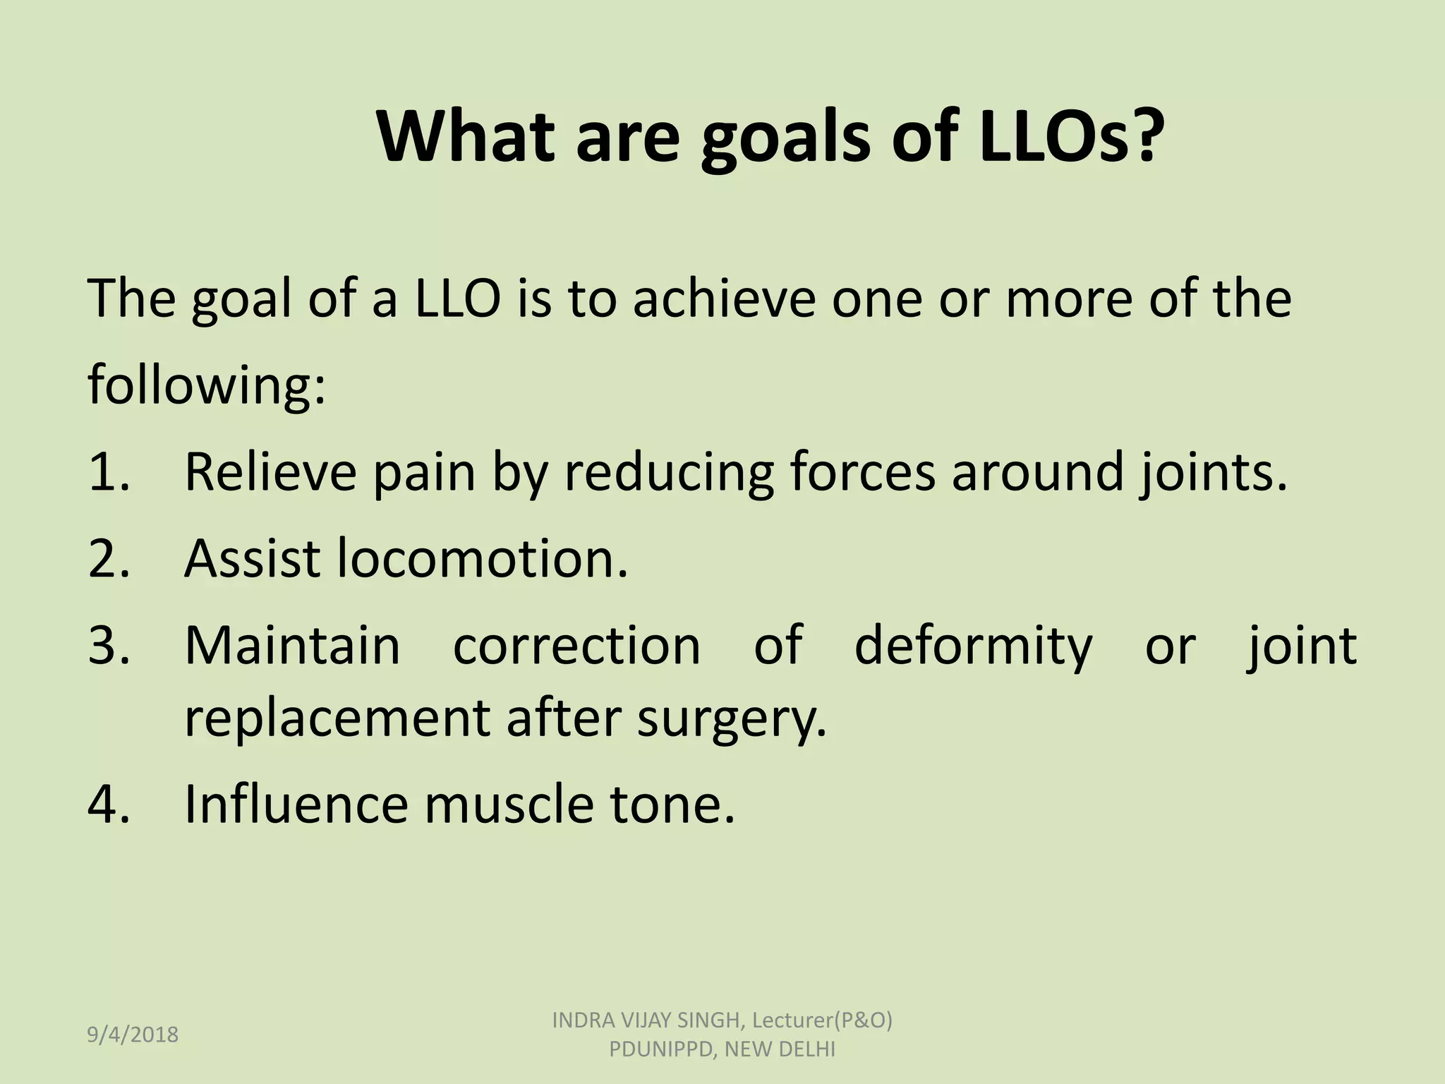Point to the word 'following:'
point(207,386)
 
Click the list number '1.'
point(109,471)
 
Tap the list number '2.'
point(109,558)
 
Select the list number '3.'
point(109,645)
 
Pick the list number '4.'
point(109,804)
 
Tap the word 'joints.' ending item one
point(1213,471)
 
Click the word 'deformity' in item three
point(973,645)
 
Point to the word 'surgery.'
point(731,718)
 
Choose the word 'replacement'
point(337,718)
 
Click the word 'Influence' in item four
point(296,804)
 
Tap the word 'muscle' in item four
point(508,804)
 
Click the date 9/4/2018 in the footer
point(133,1035)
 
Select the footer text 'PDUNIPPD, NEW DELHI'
point(722,1049)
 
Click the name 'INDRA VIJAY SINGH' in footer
point(645,1020)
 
